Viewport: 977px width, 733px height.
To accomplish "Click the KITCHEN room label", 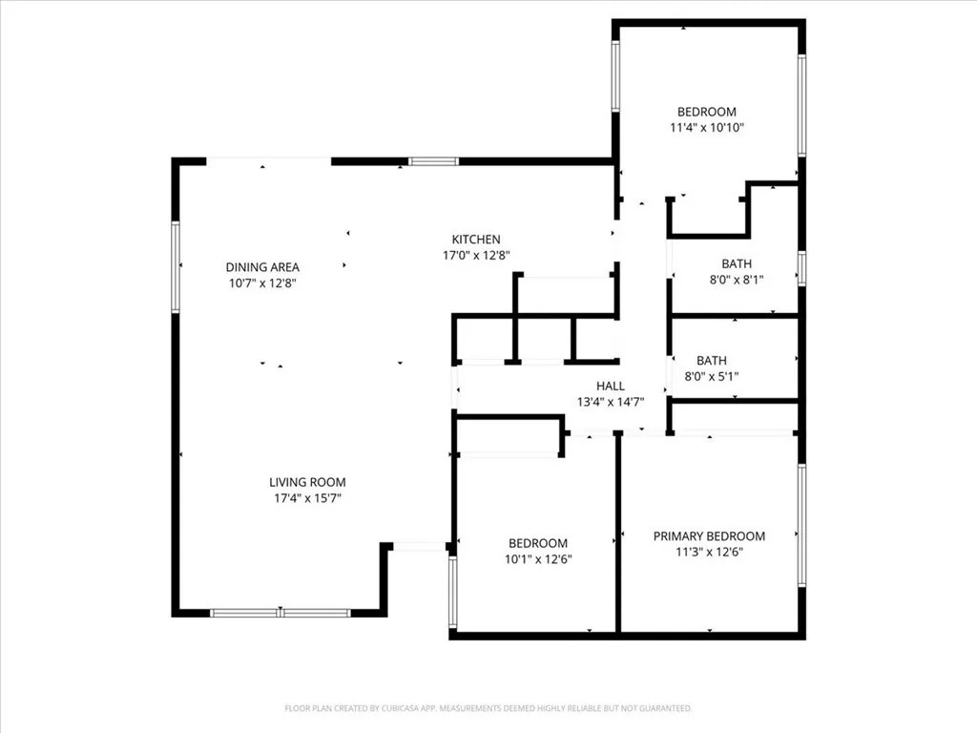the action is coord(476,240).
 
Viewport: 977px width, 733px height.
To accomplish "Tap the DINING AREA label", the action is coord(262,267).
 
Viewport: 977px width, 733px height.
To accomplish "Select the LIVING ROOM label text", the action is coord(307,482).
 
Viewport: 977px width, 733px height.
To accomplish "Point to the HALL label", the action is coord(611,386).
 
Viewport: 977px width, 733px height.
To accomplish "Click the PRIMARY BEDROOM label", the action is coord(709,536).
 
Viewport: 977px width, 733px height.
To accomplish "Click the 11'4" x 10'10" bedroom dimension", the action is coord(707,128).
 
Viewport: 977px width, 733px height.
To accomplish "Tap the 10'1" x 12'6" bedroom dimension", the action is coord(538,559).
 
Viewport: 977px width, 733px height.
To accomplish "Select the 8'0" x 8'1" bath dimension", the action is coord(737,280).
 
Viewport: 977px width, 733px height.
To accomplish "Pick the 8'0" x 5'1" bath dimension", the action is coord(712,376).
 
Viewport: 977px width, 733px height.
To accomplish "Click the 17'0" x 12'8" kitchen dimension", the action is coord(477,255).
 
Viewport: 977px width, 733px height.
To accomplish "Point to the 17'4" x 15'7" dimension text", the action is coord(308,498).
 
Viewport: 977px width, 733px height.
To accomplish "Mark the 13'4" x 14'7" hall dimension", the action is coord(611,402).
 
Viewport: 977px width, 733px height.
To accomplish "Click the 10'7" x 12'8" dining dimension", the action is coord(262,283).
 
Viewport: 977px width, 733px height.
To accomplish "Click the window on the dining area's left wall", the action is coord(176,266).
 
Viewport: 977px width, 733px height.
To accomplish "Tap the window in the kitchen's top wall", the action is coord(434,161).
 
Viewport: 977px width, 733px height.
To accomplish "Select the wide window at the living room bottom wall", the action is coord(281,613).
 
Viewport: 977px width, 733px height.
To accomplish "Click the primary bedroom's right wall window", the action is coord(801,525).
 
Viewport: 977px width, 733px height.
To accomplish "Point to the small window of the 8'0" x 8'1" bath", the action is coord(801,268).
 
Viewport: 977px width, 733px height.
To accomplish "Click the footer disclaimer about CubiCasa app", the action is coord(488,708).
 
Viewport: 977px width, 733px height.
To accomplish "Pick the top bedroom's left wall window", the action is coord(615,76).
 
